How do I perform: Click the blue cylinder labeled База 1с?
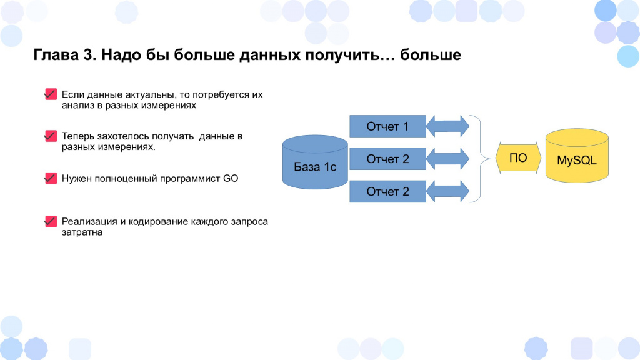(315, 162)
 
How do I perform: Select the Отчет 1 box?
(387, 126)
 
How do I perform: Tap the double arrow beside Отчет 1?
(447, 126)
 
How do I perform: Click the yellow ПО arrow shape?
(518, 158)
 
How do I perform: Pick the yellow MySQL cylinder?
(577, 156)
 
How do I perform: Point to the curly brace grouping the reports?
(481, 159)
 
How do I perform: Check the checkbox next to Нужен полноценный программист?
(51, 178)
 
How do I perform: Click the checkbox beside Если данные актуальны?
(51, 94)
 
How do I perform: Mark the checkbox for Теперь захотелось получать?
(51, 136)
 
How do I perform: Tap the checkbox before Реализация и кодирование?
(51, 221)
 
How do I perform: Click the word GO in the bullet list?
(231, 178)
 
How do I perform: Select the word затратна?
(82, 232)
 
